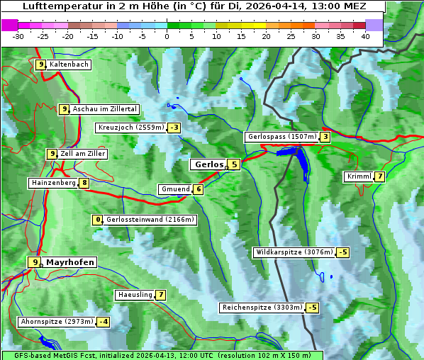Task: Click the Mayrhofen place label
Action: (x=69, y=262)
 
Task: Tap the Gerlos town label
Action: (x=208, y=164)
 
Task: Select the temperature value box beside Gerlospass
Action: (x=325, y=137)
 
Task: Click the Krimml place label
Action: (x=359, y=176)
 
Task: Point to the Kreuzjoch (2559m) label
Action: (x=130, y=128)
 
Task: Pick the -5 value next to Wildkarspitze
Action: (x=344, y=252)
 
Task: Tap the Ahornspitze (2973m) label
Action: (x=57, y=322)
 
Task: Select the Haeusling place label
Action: (x=134, y=295)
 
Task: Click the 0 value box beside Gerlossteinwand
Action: (x=99, y=220)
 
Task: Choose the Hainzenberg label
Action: (x=52, y=183)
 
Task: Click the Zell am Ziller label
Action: (x=83, y=154)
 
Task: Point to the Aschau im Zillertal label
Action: (x=105, y=109)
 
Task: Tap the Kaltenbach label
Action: (x=69, y=64)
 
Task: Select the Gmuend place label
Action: (x=175, y=189)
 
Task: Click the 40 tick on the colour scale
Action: (x=365, y=36)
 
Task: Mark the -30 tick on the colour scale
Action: (x=18, y=36)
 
